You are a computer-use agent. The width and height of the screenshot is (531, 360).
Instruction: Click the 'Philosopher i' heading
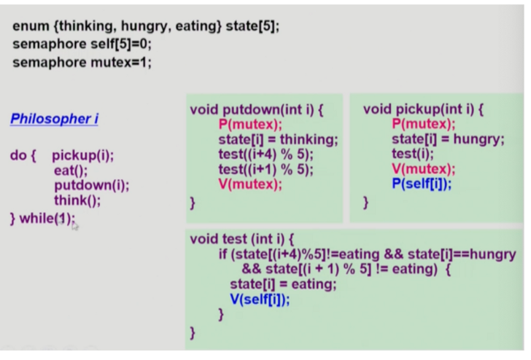pos(54,119)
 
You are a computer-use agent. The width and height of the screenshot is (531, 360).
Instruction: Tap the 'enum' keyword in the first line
pos(28,26)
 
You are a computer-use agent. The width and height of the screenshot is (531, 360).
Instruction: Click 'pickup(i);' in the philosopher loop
pos(83,156)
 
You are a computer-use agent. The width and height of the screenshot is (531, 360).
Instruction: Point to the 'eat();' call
pos(70,171)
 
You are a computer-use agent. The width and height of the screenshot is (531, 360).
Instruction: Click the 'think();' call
pos(77,200)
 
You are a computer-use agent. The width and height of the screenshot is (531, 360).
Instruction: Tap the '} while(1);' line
pos(42,216)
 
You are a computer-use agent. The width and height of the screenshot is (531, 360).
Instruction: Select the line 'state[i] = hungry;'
pos(447,139)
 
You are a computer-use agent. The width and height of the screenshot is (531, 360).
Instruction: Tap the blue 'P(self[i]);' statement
pos(422,184)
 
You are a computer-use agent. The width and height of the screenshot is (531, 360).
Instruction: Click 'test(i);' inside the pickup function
pos(412,154)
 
